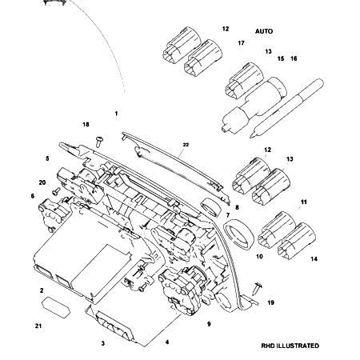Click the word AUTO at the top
[264, 31]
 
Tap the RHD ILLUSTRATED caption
[290, 346]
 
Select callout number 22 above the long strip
[185, 145]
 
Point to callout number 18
[86, 125]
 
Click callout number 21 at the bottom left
[38, 326]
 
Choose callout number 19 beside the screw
[270, 302]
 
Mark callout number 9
[209, 324]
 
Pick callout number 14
[314, 259]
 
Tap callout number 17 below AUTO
[241, 42]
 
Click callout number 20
[42, 182]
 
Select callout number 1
[116, 114]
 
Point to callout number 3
[102, 343]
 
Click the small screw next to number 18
[98, 141]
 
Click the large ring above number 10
[238, 234]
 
